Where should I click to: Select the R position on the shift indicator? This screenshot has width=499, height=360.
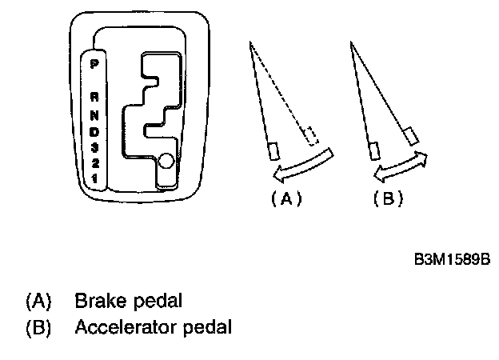click(94, 94)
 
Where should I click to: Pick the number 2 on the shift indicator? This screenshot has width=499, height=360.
click(94, 164)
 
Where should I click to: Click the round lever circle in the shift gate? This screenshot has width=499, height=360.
click(166, 162)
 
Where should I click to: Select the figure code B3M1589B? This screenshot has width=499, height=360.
click(450, 261)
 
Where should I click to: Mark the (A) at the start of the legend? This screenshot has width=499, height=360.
click(38, 302)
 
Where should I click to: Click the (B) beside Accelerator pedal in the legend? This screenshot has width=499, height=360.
click(38, 327)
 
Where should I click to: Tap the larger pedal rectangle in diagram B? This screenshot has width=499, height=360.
click(412, 136)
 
